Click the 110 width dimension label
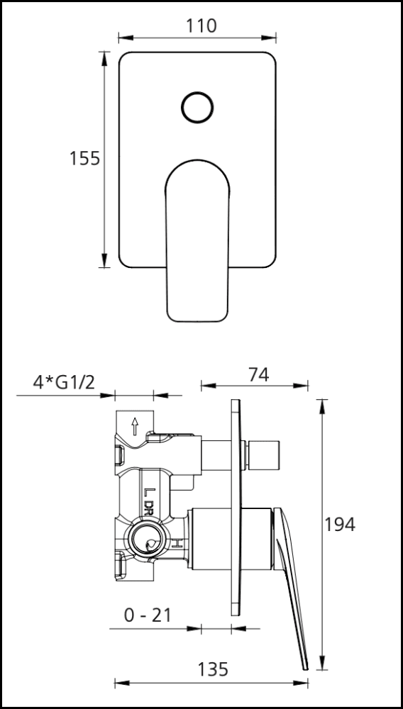(x=201, y=26)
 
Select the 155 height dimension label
(x=84, y=158)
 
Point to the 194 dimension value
(x=340, y=525)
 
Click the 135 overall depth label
(x=212, y=669)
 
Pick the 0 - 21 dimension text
(x=148, y=615)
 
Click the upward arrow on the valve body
(x=134, y=426)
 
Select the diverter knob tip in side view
(x=267, y=454)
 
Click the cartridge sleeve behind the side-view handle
(x=231, y=538)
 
